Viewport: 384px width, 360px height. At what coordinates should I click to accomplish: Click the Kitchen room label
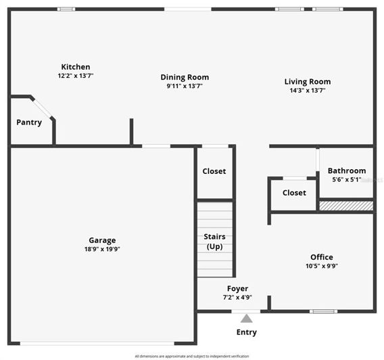click(76, 67)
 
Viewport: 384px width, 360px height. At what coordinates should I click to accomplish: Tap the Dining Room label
click(185, 77)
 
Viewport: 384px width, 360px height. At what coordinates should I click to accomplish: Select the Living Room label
click(308, 82)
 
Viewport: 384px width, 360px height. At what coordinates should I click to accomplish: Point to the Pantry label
click(29, 122)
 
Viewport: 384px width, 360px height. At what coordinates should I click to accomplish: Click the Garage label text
click(102, 240)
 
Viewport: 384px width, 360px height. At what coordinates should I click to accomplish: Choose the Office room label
click(321, 257)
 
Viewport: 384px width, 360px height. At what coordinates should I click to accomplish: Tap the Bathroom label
click(347, 171)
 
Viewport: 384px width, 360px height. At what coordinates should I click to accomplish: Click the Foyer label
click(237, 289)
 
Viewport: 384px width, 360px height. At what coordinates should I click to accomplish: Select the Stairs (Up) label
click(215, 241)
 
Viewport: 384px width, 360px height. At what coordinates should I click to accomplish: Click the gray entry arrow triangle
click(247, 318)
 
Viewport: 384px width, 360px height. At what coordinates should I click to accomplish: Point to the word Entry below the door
click(247, 332)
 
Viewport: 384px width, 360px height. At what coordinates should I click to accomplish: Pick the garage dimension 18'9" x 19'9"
click(102, 249)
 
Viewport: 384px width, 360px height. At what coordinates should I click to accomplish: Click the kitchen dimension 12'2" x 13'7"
click(76, 76)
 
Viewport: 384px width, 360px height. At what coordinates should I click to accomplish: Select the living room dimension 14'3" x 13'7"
click(308, 91)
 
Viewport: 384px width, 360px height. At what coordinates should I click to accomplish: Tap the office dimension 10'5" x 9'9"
click(321, 266)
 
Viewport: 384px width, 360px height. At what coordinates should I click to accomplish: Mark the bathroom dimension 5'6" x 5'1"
click(347, 180)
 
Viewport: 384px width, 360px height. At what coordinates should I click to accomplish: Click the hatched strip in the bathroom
click(346, 205)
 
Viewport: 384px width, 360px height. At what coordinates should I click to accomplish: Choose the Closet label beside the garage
click(214, 171)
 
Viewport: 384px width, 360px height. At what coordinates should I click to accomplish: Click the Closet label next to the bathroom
click(294, 193)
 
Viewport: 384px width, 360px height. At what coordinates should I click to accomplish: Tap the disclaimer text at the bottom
click(192, 356)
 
